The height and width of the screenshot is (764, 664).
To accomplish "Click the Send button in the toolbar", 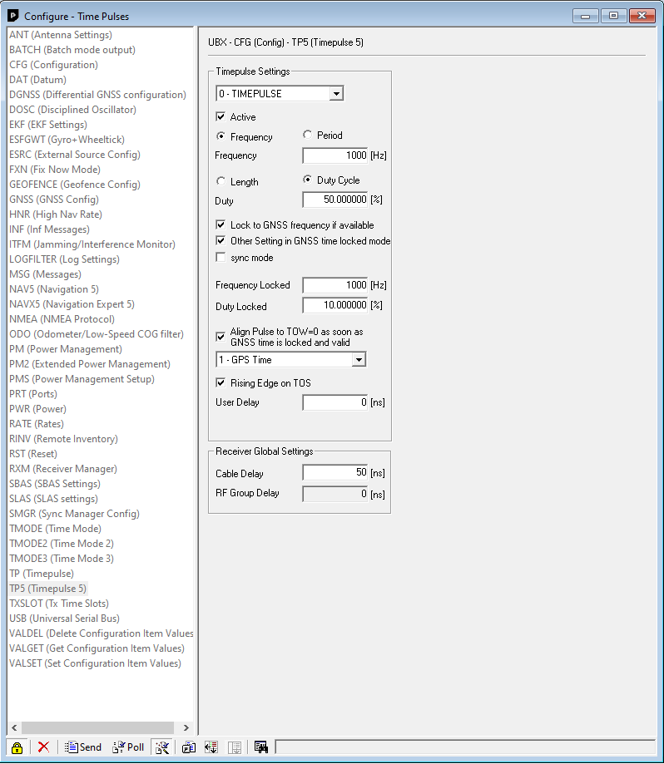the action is pyautogui.click(x=83, y=747).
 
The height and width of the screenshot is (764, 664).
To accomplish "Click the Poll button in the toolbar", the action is pyautogui.click(x=128, y=747).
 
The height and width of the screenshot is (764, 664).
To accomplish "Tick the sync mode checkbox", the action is pyautogui.click(x=221, y=257).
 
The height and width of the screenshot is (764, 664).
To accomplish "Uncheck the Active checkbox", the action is pyautogui.click(x=221, y=117).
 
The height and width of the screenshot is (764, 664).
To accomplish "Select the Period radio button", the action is pyautogui.click(x=307, y=135).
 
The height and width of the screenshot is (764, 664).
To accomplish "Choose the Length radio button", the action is pyautogui.click(x=221, y=181).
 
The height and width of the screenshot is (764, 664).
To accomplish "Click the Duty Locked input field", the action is pyautogui.click(x=335, y=305).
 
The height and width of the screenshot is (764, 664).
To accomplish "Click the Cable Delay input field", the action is pyautogui.click(x=335, y=472).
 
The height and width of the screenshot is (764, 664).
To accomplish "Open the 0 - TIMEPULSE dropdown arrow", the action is pyautogui.click(x=336, y=94).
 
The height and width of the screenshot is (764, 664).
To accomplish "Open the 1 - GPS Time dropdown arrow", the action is pyautogui.click(x=359, y=360).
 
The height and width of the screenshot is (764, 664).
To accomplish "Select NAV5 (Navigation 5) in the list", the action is pyautogui.click(x=54, y=289).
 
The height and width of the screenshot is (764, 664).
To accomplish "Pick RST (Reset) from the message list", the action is pyautogui.click(x=33, y=454).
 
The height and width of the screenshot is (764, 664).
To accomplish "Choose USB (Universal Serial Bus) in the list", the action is pyautogui.click(x=64, y=619).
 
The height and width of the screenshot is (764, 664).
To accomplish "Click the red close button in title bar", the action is pyautogui.click(x=642, y=16).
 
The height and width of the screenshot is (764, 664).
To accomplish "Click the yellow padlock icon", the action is pyautogui.click(x=17, y=747).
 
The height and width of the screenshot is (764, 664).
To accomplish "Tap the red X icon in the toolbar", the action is pyautogui.click(x=43, y=747).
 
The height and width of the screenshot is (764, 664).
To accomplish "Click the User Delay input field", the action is pyautogui.click(x=335, y=402).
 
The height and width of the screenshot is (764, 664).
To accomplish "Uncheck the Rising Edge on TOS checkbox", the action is pyautogui.click(x=221, y=383).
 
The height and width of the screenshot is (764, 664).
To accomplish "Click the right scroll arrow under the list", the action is pyautogui.click(x=186, y=727).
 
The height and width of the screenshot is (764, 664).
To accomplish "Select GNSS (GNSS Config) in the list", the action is pyautogui.click(x=54, y=200).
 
